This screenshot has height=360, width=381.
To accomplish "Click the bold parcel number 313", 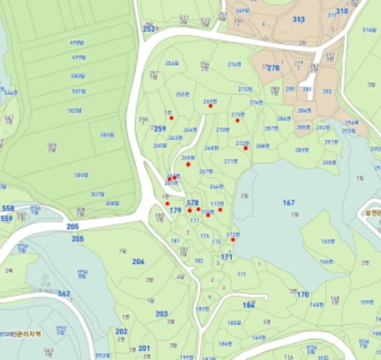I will tap(298, 19).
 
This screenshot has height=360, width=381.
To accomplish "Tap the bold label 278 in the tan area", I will tap(273, 68).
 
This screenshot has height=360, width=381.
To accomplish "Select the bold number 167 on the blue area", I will tap(288, 203).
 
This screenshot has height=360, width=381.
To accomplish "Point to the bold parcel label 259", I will tap(160, 129).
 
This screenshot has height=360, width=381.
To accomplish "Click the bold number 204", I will tap(138, 262).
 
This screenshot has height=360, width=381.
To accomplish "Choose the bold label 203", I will tap(161, 314).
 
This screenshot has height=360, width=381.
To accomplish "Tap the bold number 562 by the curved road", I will tap(64, 294).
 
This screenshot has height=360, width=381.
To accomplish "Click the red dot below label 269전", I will tap(210, 106).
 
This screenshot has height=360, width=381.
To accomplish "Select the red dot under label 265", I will tap(188, 164).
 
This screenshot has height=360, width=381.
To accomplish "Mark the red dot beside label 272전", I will tap(245, 148).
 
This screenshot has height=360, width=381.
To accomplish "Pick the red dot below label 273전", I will tap(237, 120).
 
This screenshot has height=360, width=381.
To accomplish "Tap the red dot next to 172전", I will tap(232, 240).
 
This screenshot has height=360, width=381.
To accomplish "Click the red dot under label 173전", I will tap(220, 210).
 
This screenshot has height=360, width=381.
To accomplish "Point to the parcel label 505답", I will tap(107, 135).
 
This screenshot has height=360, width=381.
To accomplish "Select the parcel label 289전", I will tap(302, 150).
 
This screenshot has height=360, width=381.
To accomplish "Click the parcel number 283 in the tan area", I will tap(327, 91).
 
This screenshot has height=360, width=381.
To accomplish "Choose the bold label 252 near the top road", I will tap(149, 29).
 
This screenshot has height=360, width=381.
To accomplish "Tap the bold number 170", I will tap(303, 295).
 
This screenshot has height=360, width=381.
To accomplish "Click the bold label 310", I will tap(341, 11).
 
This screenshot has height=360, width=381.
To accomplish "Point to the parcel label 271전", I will tap(231, 161).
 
